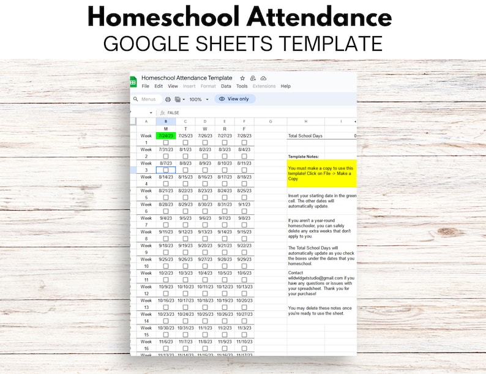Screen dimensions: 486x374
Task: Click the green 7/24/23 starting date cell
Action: pos(166,136)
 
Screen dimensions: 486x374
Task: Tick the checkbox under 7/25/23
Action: pos(185,143)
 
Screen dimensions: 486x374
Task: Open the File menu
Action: pos(146,86)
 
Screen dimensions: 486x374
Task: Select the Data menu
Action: pos(226,86)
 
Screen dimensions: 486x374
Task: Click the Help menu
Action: pos(285,86)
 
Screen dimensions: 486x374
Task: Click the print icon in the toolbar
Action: pos(168,99)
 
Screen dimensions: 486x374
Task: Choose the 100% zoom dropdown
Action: pos(198,99)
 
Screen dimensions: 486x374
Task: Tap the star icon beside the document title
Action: pos(242,78)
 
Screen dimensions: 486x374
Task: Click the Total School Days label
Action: pos(306,136)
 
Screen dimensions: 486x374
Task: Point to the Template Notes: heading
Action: pos(303,157)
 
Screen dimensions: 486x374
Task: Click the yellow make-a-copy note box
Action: pos(321,173)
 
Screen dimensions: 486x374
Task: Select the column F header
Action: pos(244,121)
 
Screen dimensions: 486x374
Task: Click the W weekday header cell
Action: pos(205,129)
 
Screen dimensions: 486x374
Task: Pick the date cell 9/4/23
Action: pos(166,218)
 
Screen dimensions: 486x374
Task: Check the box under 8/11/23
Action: pos(244,170)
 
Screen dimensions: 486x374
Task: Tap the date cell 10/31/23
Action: pos(185,328)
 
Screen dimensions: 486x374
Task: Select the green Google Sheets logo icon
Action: pos(133,82)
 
